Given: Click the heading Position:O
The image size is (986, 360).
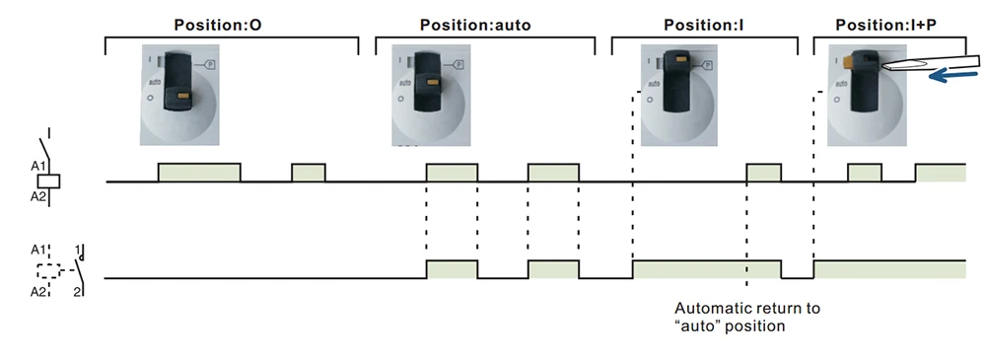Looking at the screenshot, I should click(218, 24).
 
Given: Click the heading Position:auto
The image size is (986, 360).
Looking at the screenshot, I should click(474, 24).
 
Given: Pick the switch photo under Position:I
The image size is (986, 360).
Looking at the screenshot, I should click(681, 94).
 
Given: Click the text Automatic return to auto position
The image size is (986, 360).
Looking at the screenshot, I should click(746, 317).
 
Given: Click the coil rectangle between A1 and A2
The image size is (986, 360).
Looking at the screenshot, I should click(53, 181).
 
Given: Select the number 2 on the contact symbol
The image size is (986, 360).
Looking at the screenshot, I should click(76, 292).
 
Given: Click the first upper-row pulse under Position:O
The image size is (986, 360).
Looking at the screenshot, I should click(199, 173).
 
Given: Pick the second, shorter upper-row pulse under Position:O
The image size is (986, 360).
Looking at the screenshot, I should click(309, 173).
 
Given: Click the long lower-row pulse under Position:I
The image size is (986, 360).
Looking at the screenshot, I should click(706, 270).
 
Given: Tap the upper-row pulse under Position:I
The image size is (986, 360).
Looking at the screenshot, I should click(763, 173).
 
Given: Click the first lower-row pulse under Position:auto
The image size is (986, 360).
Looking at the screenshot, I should click(452, 269).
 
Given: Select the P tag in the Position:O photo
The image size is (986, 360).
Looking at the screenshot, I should click(210, 63).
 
